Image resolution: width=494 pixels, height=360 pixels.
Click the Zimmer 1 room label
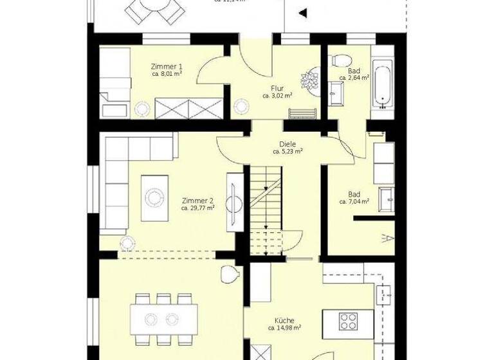coord(167,66)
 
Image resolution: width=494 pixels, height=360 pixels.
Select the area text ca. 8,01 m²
coord(167,75)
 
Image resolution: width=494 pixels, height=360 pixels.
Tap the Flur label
coord(277,88)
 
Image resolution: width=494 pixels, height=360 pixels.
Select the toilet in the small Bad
coord(338,60)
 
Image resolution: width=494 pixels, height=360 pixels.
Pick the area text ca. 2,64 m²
coord(354,78)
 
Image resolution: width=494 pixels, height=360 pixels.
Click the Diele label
coord(288,144)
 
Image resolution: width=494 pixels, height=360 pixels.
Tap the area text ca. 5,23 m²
coord(288,152)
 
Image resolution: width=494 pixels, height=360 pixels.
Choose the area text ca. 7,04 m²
coord(354,202)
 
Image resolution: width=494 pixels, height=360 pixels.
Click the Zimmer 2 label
coord(197,200)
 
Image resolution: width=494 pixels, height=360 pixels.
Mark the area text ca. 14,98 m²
coord(286,327)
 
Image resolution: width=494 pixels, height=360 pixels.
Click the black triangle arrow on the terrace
coord(302,12)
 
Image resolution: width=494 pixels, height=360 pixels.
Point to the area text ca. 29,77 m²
coord(197,208)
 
